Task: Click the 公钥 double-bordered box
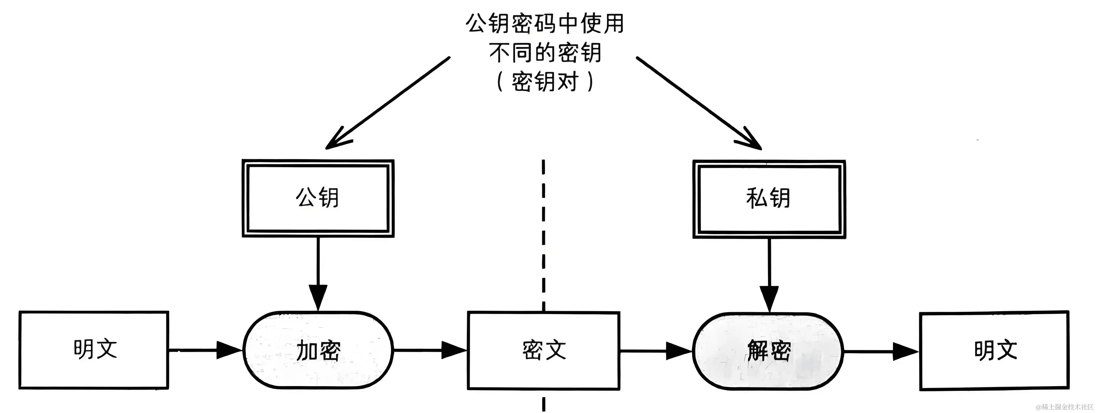point(318,198)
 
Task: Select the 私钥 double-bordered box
point(769,199)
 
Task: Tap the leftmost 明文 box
point(94,350)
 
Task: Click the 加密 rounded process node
point(318,350)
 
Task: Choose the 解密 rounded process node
point(768,351)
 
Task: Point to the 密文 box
point(544,350)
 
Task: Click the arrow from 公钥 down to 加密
point(318,273)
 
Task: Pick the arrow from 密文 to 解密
point(656,351)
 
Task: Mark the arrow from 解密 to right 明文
point(881,351)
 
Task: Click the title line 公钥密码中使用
point(545,24)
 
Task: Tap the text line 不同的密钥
point(545,53)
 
